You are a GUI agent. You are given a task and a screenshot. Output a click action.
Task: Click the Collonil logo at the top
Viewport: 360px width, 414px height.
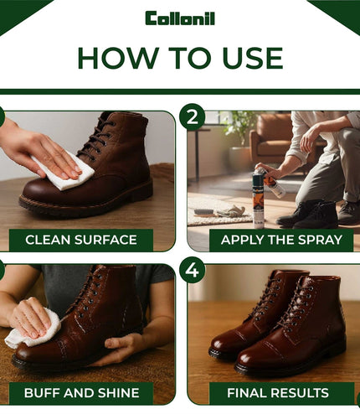(180, 18)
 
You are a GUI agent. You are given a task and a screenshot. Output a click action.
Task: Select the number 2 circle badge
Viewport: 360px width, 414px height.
(193, 117)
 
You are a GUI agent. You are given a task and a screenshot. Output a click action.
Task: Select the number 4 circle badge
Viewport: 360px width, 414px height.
(193, 270)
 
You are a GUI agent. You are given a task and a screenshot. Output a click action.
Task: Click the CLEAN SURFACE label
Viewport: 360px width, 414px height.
(81, 240)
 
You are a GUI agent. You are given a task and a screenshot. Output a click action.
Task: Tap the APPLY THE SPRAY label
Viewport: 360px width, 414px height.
(281, 240)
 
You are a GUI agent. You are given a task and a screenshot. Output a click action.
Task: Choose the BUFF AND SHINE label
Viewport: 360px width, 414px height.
(81, 393)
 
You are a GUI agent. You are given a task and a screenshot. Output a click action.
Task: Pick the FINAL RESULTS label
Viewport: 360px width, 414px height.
(278, 393)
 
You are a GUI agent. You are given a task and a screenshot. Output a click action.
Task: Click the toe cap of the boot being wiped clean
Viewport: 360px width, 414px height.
(42, 193)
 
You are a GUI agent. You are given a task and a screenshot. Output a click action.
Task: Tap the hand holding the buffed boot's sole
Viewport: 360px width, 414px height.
(120, 349)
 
